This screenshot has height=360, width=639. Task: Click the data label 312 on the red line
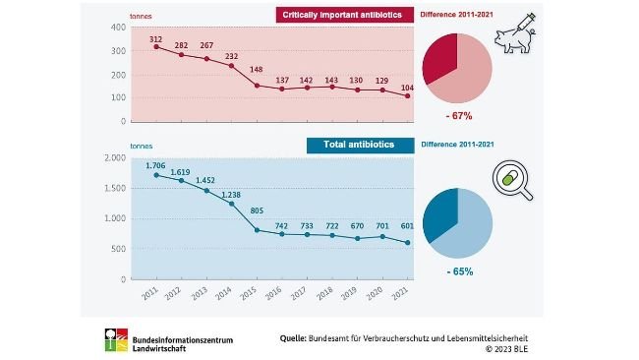[156, 38]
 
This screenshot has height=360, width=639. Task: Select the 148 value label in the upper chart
[256, 70]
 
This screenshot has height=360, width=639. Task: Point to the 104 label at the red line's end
[406, 88]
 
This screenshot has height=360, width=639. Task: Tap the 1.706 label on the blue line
[154, 164]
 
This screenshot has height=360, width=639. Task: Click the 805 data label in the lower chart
[256, 210]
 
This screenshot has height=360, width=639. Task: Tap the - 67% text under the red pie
[458, 115]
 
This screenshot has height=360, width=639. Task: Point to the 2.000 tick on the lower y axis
[111, 157]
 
